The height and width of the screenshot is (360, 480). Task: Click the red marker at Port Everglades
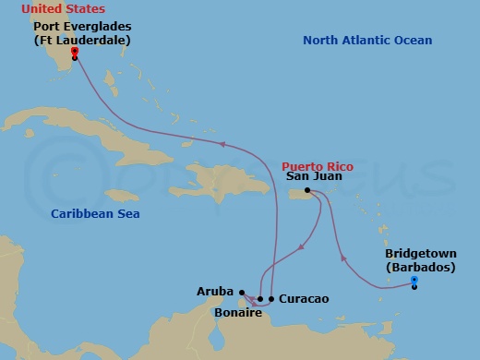(74, 52)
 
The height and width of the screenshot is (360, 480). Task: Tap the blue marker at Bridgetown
(414, 280)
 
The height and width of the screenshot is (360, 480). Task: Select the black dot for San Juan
(306, 191)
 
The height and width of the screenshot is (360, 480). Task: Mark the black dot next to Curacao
(271, 299)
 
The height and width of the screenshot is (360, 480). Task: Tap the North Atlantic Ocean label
(367, 41)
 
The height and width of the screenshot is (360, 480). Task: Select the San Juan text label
(314, 175)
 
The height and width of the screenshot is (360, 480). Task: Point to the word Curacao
(304, 299)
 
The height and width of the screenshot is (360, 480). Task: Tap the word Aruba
(214, 291)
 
